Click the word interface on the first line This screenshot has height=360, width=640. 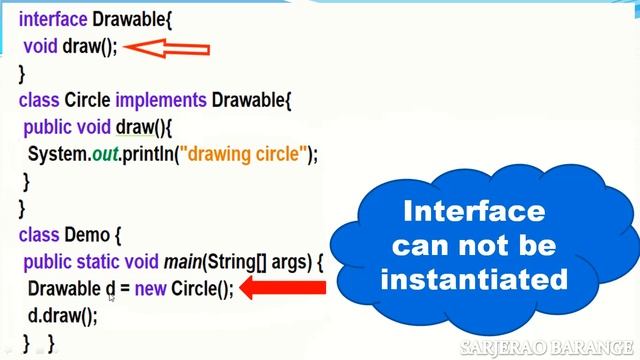pos(51,18)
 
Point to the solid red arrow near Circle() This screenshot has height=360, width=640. pos(285,289)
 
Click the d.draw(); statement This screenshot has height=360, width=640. pos(63,316)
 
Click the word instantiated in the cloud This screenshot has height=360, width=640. pos(474,277)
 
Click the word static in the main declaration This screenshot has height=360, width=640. pos(106,263)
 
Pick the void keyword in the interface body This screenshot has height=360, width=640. pos(41,46)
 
